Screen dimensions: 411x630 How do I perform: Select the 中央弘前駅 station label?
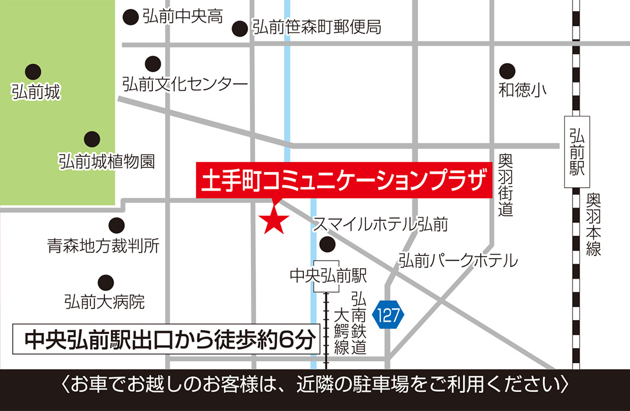pos(328,275)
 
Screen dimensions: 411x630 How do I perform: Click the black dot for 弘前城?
pos(33,72)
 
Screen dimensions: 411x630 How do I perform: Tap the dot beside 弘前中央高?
pos(131,17)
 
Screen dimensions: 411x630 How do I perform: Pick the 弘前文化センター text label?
pos(185,85)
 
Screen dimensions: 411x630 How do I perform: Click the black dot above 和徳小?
pos(508,71)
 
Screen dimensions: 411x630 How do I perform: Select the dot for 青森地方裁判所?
pos(117,224)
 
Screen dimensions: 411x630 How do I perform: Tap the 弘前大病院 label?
pos(104,302)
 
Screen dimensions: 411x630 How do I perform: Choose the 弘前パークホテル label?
pos(458,260)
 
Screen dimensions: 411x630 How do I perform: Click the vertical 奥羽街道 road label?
pos(506,185)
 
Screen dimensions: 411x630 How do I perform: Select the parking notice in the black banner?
pos(315,386)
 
